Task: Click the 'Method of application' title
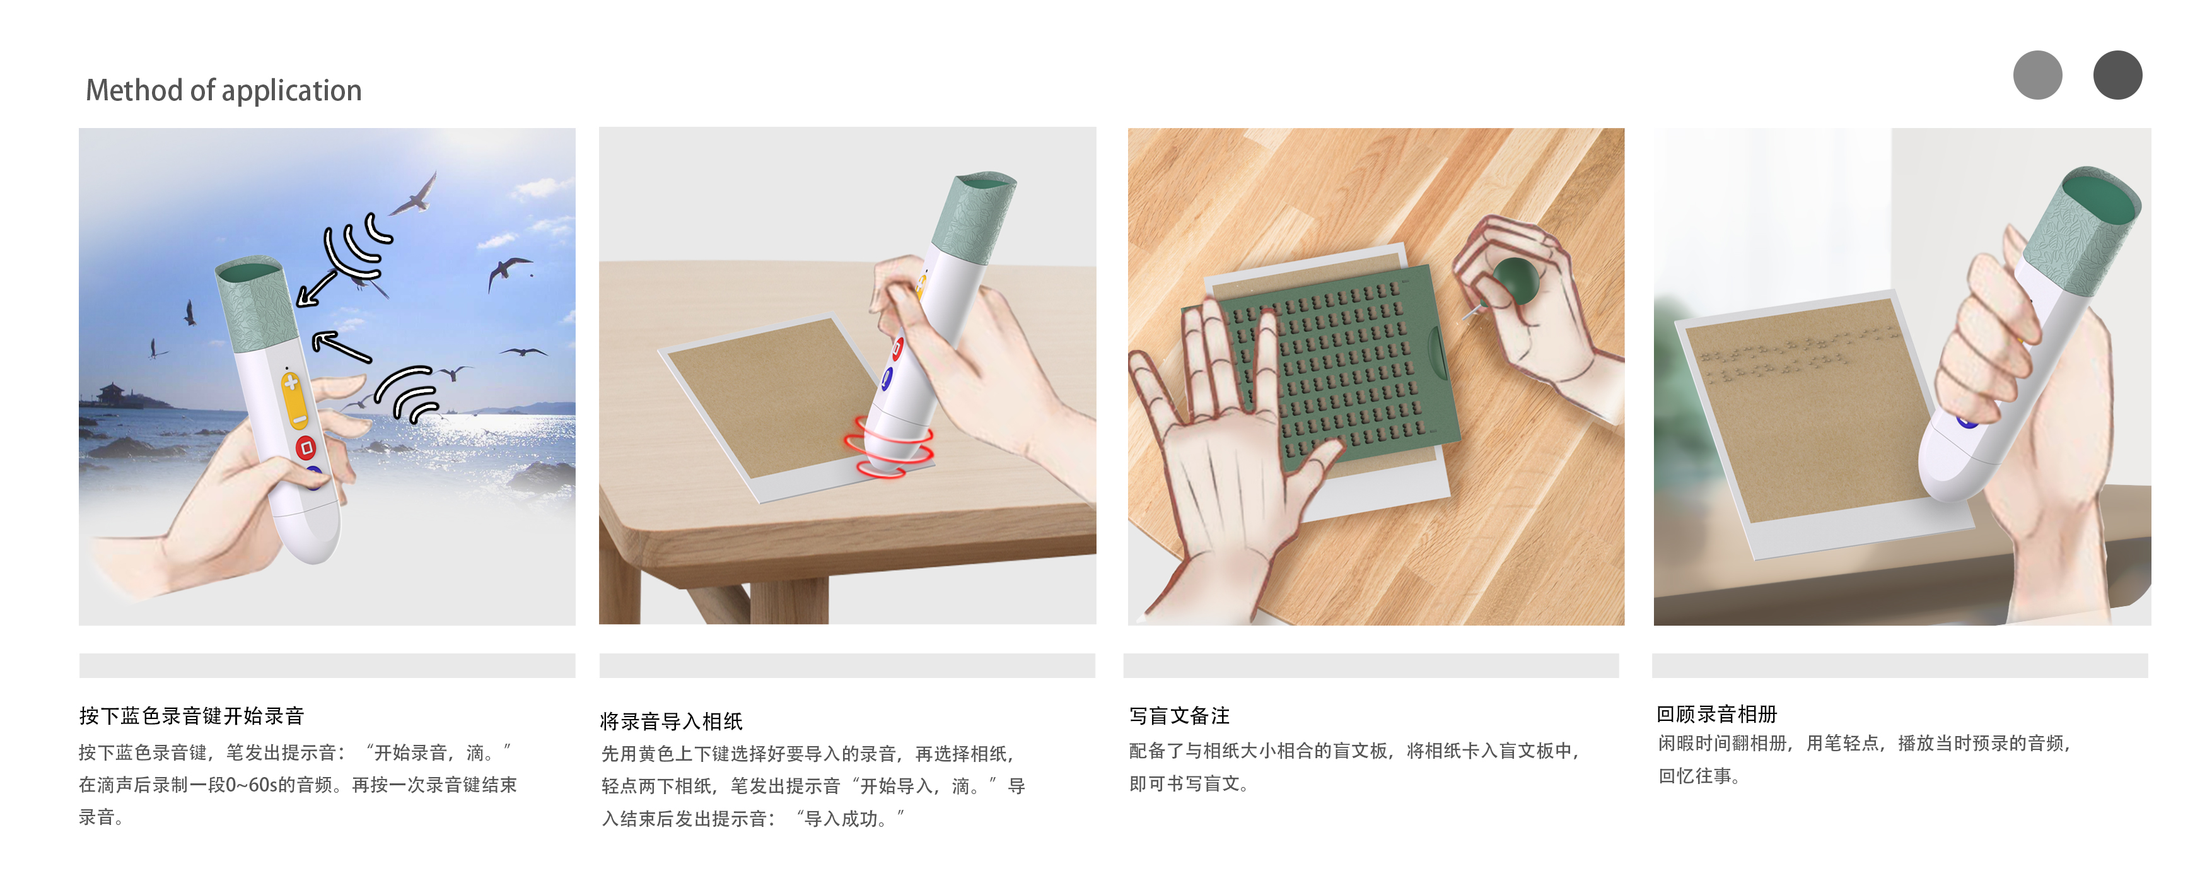(x=223, y=90)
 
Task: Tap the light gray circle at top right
(x=2037, y=74)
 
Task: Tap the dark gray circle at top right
(x=2117, y=74)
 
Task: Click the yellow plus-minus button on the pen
(x=294, y=399)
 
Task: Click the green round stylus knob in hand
(x=1516, y=280)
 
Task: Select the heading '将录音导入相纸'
(x=671, y=721)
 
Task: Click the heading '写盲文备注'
(x=1179, y=715)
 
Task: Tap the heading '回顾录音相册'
(x=1716, y=714)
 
